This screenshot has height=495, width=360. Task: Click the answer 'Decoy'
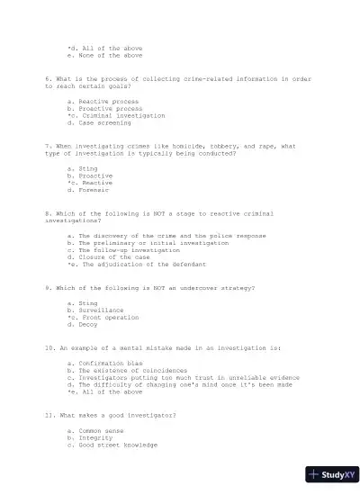(x=88, y=325)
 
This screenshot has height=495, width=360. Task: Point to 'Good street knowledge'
(x=118, y=445)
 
